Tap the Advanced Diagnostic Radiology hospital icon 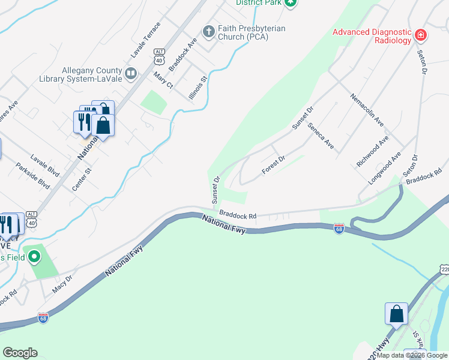pos(421,35)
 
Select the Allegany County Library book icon pos(130,73)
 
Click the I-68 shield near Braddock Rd pos(339,229)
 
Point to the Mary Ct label pos(163,80)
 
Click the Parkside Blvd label pos(32,176)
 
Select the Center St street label pos(82,179)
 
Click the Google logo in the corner pos(20,353)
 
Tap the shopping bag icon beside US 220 pos(396,313)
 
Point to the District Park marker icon pos(291,3)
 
